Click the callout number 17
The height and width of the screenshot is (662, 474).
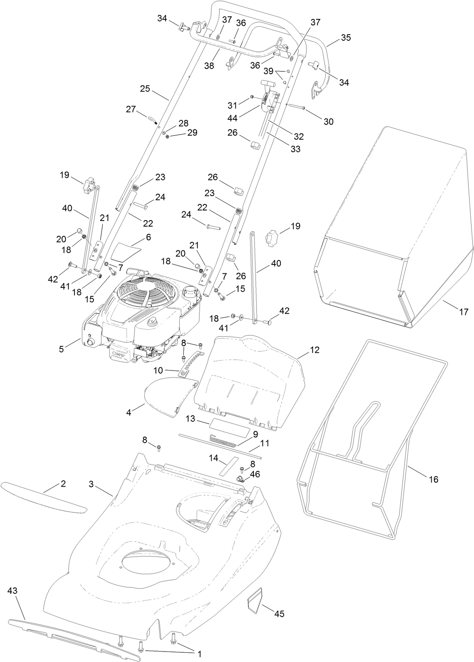point(464,312)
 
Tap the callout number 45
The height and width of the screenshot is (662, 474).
point(279,614)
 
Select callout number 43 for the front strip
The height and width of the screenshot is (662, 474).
point(12,591)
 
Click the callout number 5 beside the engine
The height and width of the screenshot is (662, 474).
point(61,349)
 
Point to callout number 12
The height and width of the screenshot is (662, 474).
point(314,350)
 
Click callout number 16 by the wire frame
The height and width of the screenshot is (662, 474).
point(434,479)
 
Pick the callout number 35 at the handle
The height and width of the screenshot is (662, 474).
point(346,37)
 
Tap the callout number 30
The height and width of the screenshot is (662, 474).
point(328,121)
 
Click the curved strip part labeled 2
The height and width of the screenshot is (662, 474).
point(44,497)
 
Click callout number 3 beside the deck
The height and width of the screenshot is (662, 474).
point(91,484)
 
